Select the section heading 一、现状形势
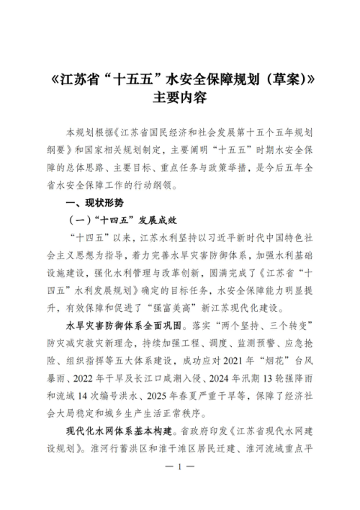tap(89, 204)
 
